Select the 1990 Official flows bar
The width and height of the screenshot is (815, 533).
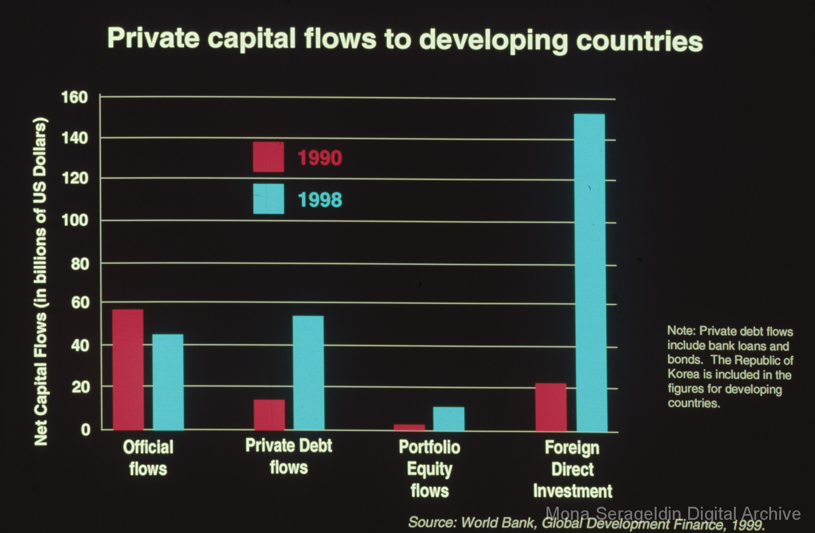(128, 370)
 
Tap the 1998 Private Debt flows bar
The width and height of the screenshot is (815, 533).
(308, 373)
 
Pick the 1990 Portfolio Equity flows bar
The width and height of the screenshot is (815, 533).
(409, 427)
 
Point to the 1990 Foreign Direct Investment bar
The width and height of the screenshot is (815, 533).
(551, 407)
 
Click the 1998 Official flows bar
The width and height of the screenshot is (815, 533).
(168, 382)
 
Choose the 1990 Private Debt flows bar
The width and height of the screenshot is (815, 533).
(269, 414)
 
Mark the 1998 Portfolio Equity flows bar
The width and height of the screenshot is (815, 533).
(449, 418)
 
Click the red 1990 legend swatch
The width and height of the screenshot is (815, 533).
(268, 157)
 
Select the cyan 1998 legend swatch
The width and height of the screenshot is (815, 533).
(268, 199)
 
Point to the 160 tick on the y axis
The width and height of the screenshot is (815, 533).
(75, 97)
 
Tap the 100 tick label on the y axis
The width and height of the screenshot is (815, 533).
(75, 221)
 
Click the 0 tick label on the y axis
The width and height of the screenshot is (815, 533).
(86, 429)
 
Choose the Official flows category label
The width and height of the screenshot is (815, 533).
(148, 458)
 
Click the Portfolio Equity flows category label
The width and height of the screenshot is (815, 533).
(429, 469)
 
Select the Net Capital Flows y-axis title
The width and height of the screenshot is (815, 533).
(41, 281)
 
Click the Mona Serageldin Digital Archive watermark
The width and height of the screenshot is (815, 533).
(673, 514)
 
